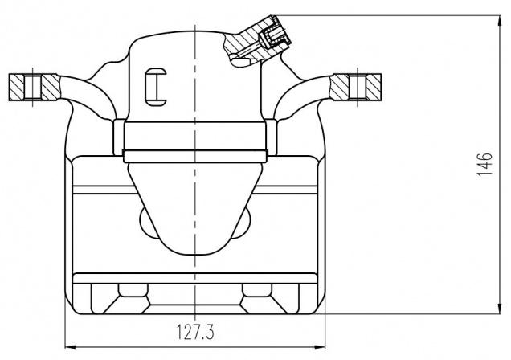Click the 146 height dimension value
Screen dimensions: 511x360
[x=484, y=164]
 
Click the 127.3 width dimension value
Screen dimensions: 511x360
[x=195, y=332]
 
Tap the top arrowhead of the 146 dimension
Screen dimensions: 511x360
[x=499, y=20]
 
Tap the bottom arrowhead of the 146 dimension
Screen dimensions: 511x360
[x=499, y=309]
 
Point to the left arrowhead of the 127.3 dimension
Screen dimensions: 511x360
[x=71, y=347]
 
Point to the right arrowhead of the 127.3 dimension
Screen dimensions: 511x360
[x=320, y=347]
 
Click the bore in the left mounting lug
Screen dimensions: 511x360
[x=33, y=87]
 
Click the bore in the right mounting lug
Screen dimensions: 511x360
[x=358, y=87]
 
